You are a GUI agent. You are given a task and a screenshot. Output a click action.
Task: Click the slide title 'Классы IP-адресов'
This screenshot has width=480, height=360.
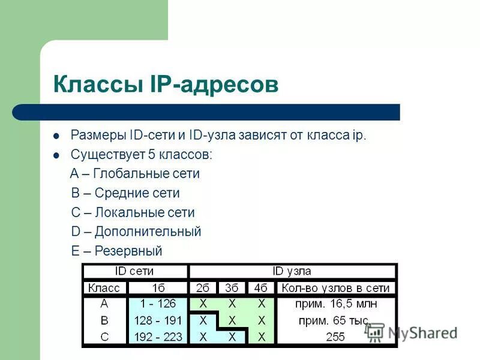[166, 84]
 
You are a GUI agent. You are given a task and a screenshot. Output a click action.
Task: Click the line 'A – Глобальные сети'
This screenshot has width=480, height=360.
[135, 174]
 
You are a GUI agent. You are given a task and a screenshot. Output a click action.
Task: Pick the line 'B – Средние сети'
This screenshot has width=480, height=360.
[125, 193]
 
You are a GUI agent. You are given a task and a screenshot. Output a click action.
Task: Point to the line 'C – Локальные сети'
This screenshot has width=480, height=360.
[133, 212]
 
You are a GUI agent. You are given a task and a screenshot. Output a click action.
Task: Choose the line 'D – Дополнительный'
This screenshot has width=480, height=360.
[136, 232]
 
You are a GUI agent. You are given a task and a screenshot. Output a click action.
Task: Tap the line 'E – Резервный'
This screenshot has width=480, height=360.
[117, 251]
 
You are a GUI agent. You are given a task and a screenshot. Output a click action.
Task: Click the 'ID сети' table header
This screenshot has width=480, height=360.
[135, 271]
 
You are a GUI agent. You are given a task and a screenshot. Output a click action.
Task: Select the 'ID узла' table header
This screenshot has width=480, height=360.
[292, 271]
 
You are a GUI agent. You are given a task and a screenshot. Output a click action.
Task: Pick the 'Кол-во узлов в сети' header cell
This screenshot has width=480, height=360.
[335, 288]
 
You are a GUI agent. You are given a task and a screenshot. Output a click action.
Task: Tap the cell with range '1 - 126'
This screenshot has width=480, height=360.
[158, 304]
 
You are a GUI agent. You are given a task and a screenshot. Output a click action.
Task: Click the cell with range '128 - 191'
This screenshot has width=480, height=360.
[158, 320]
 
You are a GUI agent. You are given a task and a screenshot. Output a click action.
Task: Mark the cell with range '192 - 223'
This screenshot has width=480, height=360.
[158, 337]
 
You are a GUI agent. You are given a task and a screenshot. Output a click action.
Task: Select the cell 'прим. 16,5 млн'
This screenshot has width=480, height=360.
[335, 304]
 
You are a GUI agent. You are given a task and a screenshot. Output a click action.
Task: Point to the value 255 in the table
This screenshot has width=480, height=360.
[335, 337]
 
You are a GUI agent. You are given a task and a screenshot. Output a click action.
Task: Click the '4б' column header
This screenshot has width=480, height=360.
[261, 288]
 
